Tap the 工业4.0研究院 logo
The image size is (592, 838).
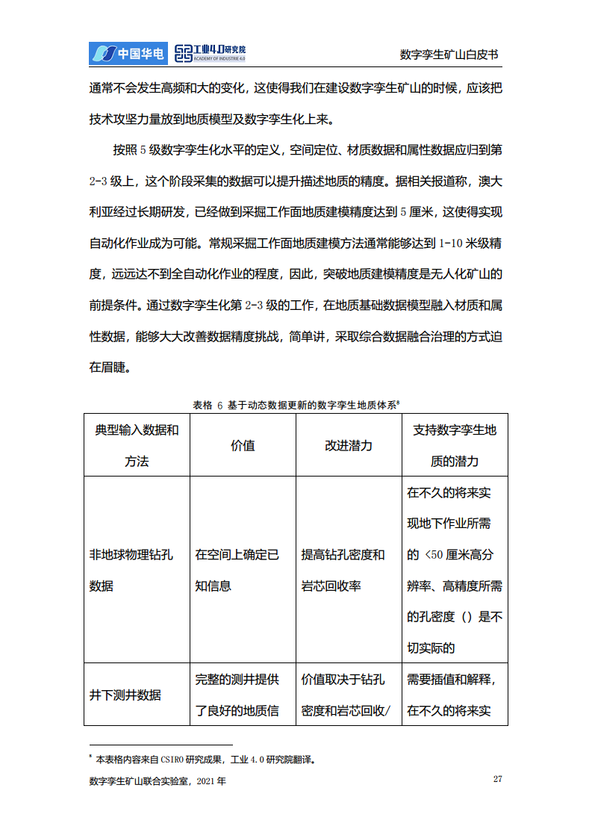tap(210, 52)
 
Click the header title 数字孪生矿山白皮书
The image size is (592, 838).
tap(449, 55)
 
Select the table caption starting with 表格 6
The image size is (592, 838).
tap(296, 405)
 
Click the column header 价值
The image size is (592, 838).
tap(243, 445)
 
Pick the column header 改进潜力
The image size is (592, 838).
tap(349, 445)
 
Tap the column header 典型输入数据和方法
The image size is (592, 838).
tap(137, 445)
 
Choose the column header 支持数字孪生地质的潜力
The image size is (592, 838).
tap(455, 445)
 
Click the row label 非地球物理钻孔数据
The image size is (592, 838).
tap(131, 570)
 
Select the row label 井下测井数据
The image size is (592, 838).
tap(125, 695)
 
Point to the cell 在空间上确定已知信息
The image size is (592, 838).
tap(237, 570)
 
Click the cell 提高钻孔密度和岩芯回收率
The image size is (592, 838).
tap(343, 570)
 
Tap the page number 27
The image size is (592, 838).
tap(497, 780)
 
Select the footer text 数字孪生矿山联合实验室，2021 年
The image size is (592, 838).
tap(158, 781)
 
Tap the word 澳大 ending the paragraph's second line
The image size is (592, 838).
tap(490, 181)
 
